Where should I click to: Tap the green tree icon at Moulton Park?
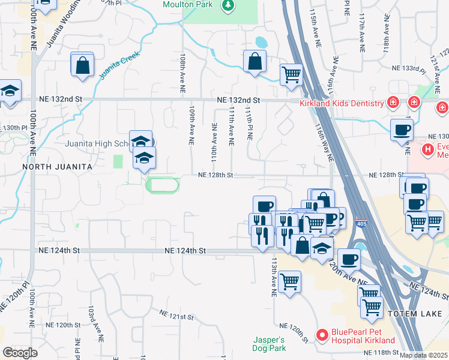pos(228,5)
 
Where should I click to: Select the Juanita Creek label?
pos(119,65)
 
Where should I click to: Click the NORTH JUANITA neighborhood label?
pos(56,166)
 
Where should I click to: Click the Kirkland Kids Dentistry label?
pos(342,103)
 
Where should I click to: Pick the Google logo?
pos(20,352)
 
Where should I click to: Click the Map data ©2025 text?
pos(423,355)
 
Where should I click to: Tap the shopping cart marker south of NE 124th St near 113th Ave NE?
pos(290,281)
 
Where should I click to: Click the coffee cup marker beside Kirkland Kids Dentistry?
pos(402,129)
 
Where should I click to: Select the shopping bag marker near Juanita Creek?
pos(83,65)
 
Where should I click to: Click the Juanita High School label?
pos(96,144)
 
